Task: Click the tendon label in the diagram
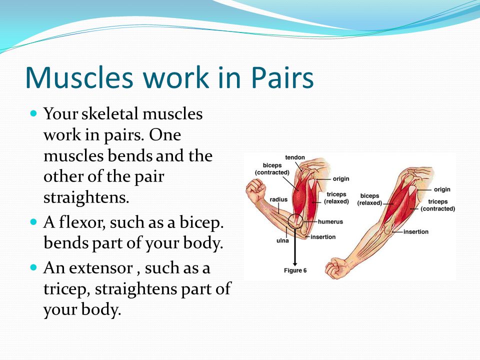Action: click(295, 157)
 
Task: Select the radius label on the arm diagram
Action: click(278, 199)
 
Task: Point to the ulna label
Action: click(282, 240)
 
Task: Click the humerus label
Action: click(330, 221)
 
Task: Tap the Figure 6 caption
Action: click(295, 270)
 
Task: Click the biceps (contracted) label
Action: click(272, 169)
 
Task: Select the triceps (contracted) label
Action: click(438, 205)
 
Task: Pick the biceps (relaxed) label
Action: click(369, 199)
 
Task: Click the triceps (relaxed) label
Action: click(336, 198)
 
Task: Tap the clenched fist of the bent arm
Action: click(256, 190)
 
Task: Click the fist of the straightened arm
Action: click(336, 268)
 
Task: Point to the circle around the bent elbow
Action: click(288, 221)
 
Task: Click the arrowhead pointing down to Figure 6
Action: click(295, 263)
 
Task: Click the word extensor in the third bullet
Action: click(100, 268)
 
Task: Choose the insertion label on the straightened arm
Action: click(415, 231)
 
